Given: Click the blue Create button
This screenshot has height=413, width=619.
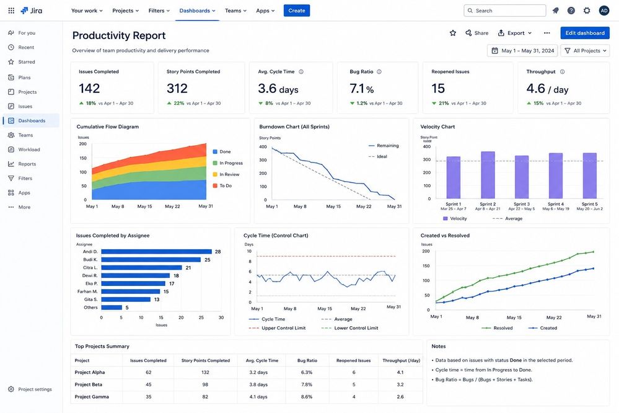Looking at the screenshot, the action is coord(296,11).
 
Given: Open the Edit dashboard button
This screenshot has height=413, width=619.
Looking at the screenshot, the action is coord(585,33).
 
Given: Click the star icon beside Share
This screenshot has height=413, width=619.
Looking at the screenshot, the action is coord(453,33).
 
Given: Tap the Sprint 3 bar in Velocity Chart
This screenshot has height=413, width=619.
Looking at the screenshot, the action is coord(522,177).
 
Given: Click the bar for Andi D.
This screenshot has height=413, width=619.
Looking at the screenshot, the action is coord(156,252).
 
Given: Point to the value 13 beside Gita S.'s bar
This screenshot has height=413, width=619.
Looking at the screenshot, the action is coord(157,300).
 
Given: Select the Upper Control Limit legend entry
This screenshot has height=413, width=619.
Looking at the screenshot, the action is coord(277,328).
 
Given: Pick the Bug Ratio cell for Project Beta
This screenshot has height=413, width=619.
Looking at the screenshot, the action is coord(307,384).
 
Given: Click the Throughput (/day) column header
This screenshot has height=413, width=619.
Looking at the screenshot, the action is coord(401,360).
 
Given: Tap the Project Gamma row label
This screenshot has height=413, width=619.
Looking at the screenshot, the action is coord(92,397).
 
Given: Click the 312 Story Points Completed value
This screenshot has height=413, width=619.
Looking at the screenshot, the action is coord(177,89).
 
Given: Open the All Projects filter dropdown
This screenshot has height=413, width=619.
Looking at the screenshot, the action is coord(585,51).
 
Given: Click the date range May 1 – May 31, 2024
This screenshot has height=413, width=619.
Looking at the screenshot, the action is coord(523,51).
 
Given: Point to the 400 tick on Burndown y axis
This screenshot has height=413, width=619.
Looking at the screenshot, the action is coord(263,146).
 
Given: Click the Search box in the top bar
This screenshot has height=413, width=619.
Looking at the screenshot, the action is coord(505,11).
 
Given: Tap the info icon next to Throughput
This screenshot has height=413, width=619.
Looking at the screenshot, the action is coord(562,71).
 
